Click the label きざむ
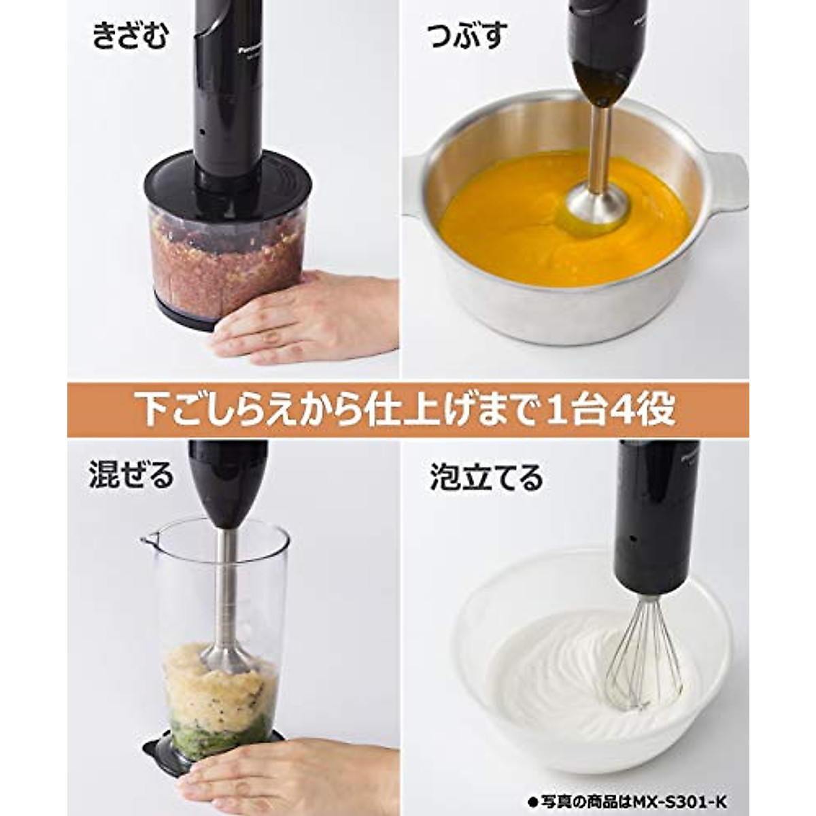[130, 36]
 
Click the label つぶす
[467, 36]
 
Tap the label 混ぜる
[131, 475]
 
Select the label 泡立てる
[486, 478]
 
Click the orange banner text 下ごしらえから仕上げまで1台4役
[408, 410]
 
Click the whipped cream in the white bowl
[558, 673]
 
